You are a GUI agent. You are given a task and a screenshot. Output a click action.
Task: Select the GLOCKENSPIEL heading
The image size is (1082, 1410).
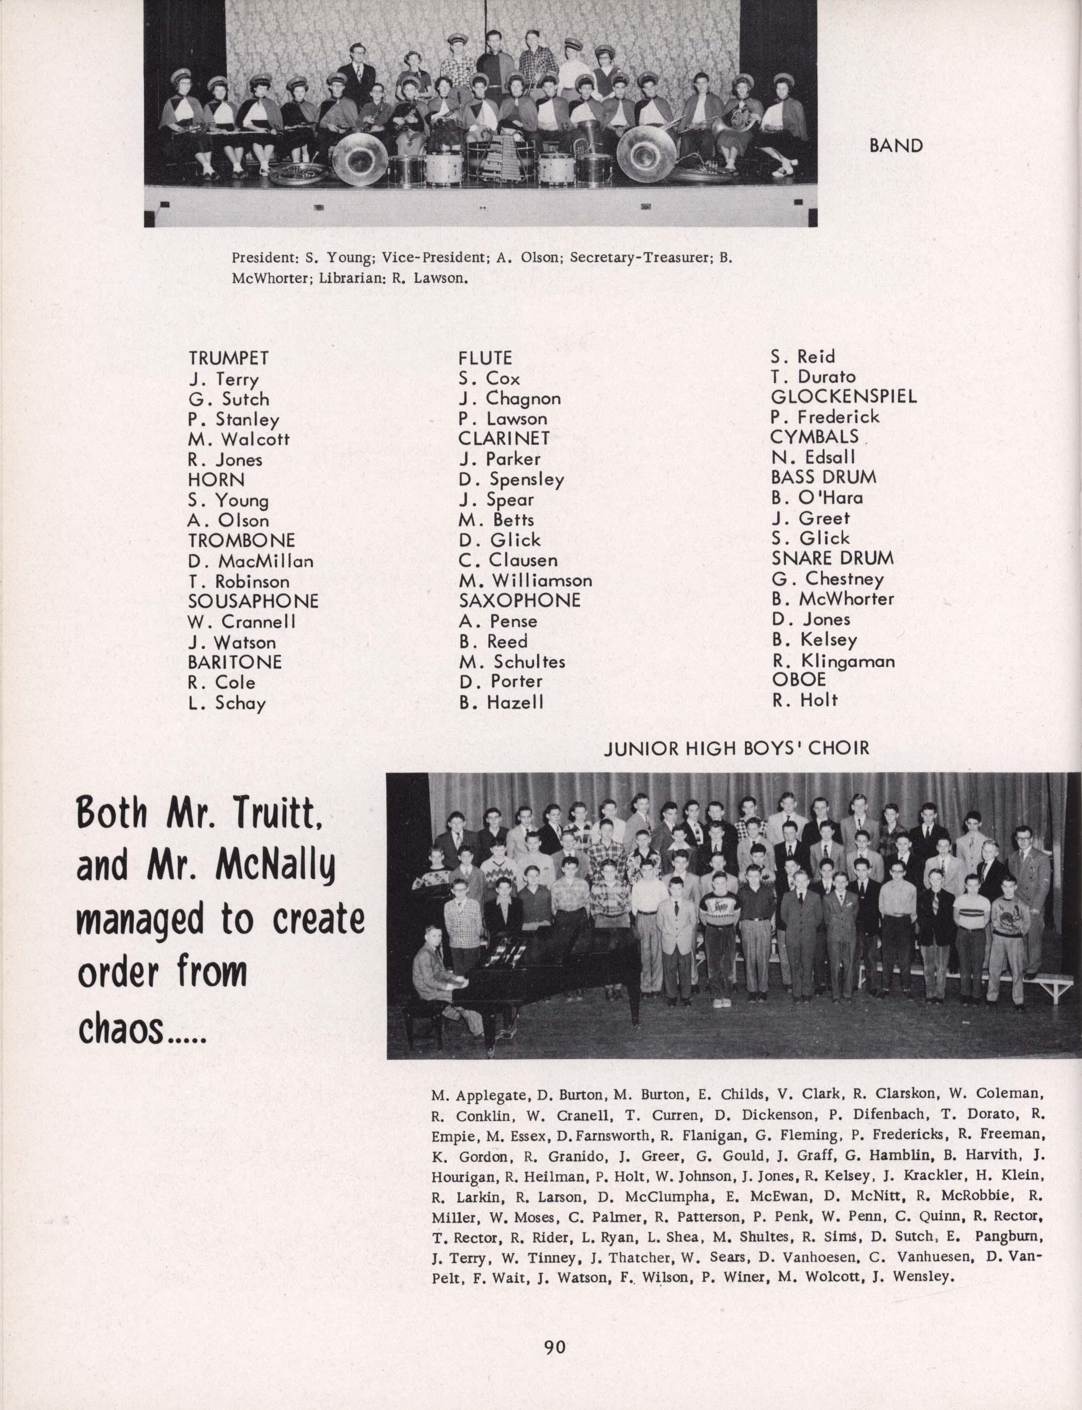tap(844, 396)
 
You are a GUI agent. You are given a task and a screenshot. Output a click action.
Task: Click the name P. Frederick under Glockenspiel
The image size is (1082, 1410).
tap(825, 417)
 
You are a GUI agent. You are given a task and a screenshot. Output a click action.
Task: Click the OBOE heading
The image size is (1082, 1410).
tap(799, 680)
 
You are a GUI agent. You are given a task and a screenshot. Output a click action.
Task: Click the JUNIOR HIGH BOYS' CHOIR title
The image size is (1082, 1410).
tap(737, 748)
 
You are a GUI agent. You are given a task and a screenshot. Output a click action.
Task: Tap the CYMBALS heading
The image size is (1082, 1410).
tap(814, 437)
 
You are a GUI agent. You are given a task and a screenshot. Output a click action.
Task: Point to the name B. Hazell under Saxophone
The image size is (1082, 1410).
tap(501, 702)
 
